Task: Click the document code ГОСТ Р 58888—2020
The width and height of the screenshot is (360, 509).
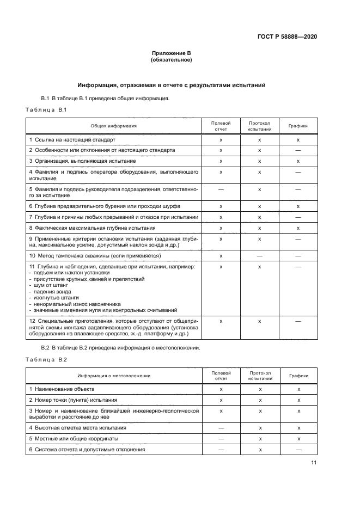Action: [x=286, y=36]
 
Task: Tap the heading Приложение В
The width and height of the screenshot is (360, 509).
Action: [x=172, y=53]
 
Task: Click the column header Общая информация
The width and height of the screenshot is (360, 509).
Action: [x=113, y=126]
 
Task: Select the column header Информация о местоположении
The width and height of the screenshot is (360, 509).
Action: [x=113, y=376]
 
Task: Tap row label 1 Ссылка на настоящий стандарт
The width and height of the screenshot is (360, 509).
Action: [x=72, y=140]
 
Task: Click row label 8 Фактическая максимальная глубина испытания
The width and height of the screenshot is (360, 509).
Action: [x=93, y=228]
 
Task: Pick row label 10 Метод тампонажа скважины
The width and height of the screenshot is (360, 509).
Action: [x=94, y=255]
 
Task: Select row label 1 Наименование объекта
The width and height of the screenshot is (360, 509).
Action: [x=62, y=389]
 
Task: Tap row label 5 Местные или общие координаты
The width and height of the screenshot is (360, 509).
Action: [x=74, y=438]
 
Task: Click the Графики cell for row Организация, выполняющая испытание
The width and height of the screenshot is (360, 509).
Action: [x=298, y=161]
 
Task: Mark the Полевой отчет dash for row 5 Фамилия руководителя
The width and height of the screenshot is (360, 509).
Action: [x=221, y=189]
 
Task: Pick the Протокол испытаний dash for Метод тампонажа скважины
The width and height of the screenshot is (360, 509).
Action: [x=259, y=255]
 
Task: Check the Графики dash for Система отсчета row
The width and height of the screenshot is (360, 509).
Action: [x=298, y=450]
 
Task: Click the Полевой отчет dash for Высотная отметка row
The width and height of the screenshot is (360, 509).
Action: [x=221, y=428]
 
